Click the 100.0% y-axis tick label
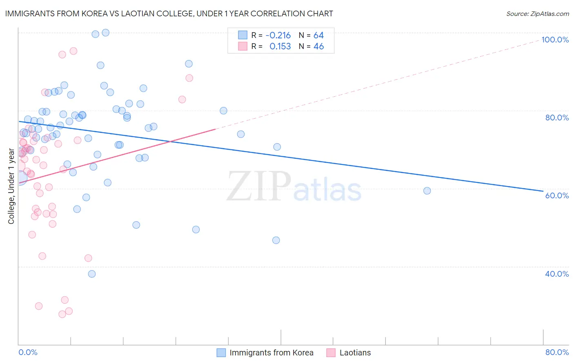pyautogui.click(x=555, y=40)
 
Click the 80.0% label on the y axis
pyautogui.click(x=557, y=118)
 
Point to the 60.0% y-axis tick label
pyautogui.click(x=557, y=195)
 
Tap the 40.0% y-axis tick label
pyautogui.click(x=557, y=274)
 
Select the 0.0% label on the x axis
pyautogui.click(x=28, y=352)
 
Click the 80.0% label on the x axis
pyautogui.click(x=557, y=352)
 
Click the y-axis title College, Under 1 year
pyautogui.click(x=11, y=186)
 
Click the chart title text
pyautogui.click(x=169, y=13)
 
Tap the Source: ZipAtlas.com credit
pyautogui.click(x=537, y=14)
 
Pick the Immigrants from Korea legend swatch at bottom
pyautogui.click(x=221, y=353)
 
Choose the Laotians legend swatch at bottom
pyautogui.click(x=331, y=353)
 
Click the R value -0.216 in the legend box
pyautogui.click(x=278, y=36)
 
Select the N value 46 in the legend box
pyautogui.click(x=318, y=47)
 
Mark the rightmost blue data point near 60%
pyautogui.click(x=427, y=191)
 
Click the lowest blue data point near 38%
pyautogui.click(x=92, y=274)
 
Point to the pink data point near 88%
pyautogui.click(x=189, y=78)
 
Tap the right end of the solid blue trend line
pyautogui.click(x=543, y=191)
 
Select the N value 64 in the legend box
pyautogui.click(x=318, y=36)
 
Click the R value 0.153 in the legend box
pyautogui.click(x=280, y=47)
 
